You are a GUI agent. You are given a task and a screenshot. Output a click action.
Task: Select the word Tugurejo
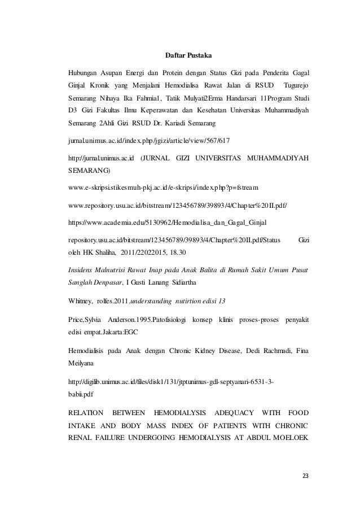click(x=297, y=85)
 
